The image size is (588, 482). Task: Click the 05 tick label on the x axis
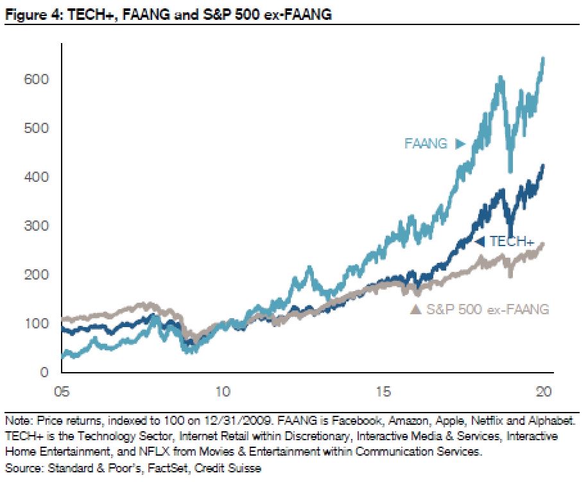[x=62, y=391]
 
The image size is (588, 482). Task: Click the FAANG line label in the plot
[x=426, y=144]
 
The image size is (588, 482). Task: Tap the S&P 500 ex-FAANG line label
[x=487, y=310]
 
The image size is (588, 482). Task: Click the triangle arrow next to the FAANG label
[x=459, y=144]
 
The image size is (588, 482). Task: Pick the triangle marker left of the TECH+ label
[x=479, y=242]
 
